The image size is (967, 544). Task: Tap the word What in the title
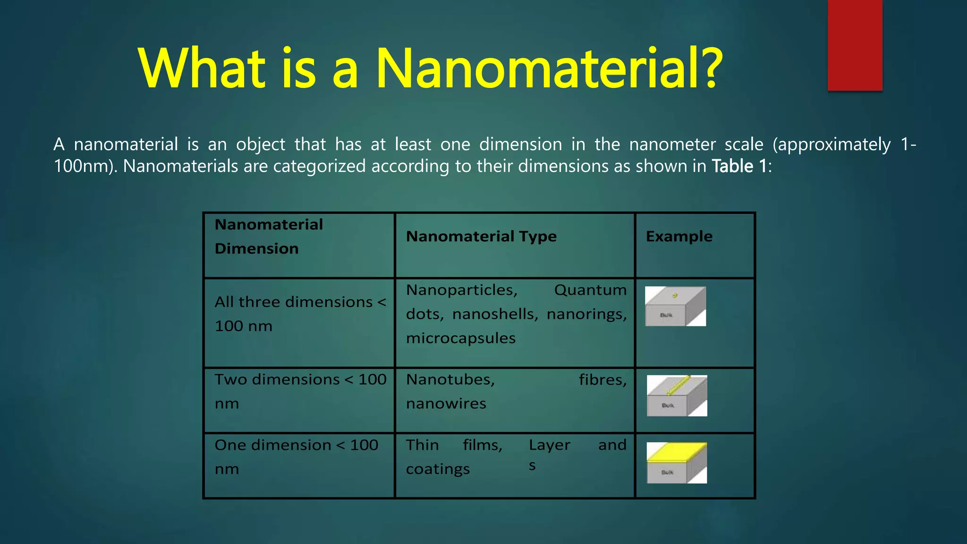(203, 68)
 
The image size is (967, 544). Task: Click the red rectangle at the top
(855, 45)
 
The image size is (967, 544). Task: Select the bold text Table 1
(739, 166)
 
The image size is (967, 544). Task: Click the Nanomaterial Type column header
(481, 236)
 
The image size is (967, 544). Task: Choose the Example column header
(679, 236)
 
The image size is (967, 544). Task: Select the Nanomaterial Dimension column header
(269, 236)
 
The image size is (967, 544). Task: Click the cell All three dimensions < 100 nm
(299, 314)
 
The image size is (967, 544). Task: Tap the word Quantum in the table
(590, 290)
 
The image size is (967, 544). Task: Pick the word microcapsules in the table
(460, 338)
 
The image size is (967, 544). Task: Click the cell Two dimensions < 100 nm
(299, 391)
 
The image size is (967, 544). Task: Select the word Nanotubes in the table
(450, 380)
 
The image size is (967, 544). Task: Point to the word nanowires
(446, 404)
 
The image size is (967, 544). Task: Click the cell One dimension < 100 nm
(296, 457)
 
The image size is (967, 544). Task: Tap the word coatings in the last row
(438, 469)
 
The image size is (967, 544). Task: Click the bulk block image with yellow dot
(675, 306)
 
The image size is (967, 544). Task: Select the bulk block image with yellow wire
(677, 396)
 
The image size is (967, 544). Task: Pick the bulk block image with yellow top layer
(677, 463)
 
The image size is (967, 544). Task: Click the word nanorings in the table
(586, 314)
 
